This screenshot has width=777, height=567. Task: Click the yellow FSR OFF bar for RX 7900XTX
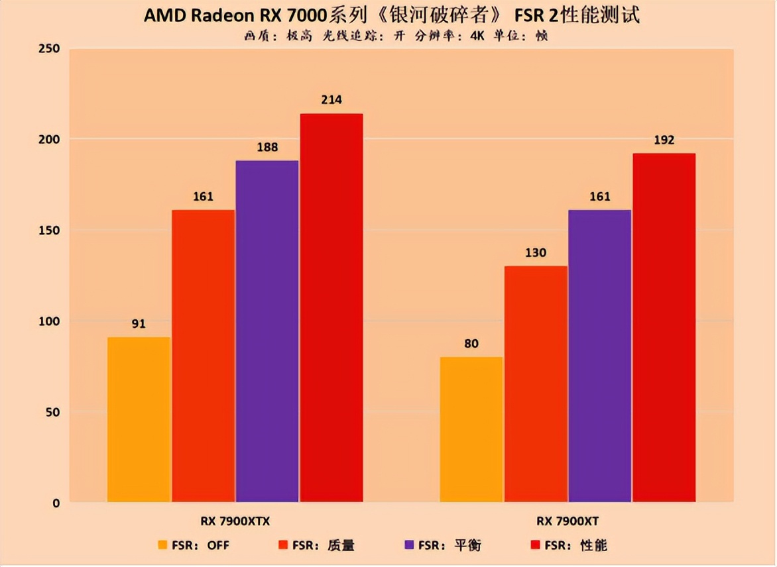tap(139, 419)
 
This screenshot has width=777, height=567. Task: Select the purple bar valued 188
tap(267, 331)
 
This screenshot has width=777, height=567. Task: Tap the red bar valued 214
tap(331, 308)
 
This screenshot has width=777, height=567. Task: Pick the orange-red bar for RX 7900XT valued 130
tap(536, 384)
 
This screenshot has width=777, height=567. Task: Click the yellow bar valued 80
tap(471, 429)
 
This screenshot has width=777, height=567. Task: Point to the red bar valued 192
tap(664, 328)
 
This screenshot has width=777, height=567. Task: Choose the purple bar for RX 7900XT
tap(599, 356)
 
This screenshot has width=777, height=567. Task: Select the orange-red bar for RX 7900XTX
tap(203, 356)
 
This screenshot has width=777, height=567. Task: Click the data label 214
tap(331, 100)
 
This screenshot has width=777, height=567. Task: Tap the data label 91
tap(139, 324)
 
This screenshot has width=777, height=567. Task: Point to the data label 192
tap(664, 140)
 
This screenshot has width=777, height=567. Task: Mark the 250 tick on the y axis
tap(50, 49)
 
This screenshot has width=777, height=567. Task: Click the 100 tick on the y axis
tap(50, 321)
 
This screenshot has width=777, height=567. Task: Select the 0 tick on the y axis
tap(56, 503)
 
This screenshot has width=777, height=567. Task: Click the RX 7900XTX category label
tap(235, 521)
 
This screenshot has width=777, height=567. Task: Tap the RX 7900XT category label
tap(568, 521)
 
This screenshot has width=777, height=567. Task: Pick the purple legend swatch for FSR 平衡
tap(409, 545)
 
